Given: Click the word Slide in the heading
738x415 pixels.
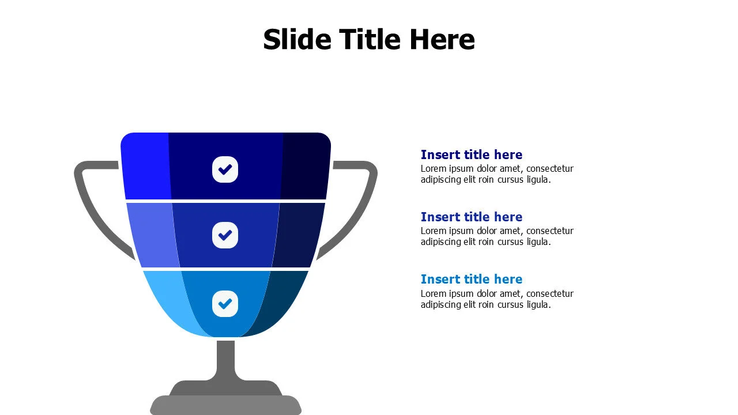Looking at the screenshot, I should click(297, 40).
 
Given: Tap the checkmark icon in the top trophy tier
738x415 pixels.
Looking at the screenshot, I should click(225, 169).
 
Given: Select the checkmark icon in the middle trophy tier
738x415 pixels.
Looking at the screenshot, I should click(225, 235).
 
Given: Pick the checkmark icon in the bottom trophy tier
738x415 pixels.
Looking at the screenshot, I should click(225, 303).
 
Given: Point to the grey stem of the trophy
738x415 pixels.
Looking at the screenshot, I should click(226, 360).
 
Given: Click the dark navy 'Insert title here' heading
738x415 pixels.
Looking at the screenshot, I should click(471, 154).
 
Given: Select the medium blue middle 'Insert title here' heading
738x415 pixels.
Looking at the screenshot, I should click(471, 217).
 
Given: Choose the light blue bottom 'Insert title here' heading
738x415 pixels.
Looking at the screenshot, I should click(471, 279).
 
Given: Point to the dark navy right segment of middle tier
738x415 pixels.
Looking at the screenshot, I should click(299, 235).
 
